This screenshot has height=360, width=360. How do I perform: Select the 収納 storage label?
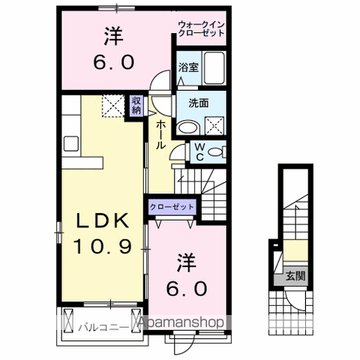(x=136, y=106)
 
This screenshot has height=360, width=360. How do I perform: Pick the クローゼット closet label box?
(x=172, y=206)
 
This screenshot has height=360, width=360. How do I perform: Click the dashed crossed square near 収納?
(x=112, y=104)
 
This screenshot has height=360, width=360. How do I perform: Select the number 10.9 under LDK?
(x=104, y=244)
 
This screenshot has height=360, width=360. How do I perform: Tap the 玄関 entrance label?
(x=293, y=276)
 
